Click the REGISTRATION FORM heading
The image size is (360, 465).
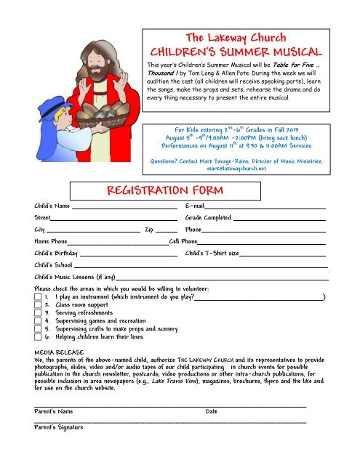pos(154,192)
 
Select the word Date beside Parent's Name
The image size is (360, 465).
pos(212,412)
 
